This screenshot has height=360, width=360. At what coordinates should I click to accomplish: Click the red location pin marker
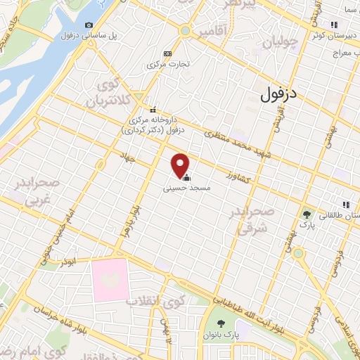tap(180, 165)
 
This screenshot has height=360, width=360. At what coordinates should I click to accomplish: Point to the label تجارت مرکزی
tap(167, 65)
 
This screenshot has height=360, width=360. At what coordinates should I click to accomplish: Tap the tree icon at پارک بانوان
tap(222, 324)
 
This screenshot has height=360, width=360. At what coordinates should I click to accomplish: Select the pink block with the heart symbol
tap(110, 280)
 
